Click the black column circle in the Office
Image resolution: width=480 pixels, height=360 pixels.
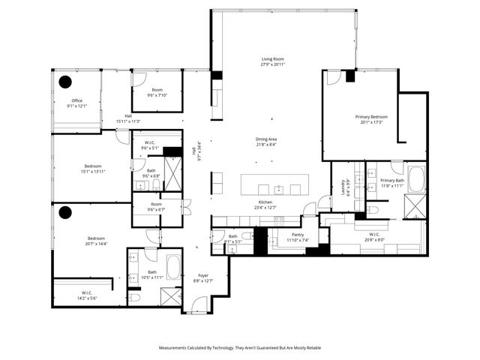tap(65, 82)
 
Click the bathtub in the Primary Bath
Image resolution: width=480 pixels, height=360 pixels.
tap(415, 180)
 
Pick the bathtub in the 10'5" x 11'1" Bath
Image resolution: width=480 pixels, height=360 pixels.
tap(172, 267)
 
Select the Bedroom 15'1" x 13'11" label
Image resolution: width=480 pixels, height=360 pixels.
tap(93, 169)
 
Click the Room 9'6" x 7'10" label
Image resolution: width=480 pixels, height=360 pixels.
tap(157, 93)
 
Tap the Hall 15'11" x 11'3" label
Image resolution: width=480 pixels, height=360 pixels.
tap(128, 118)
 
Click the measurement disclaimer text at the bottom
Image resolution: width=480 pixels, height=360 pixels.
tap(239, 348)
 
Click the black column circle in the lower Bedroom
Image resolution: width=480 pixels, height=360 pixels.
tap(65, 212)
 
